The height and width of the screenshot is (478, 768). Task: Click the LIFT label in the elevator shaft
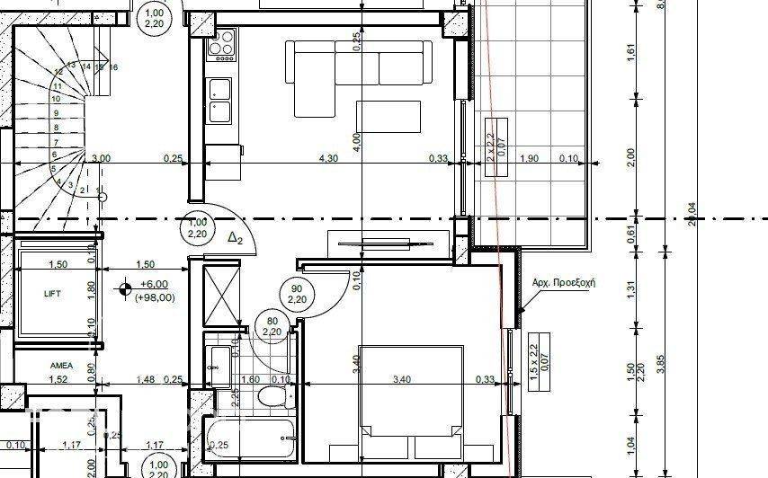click(x=52, y=294)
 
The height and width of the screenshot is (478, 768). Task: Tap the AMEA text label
click(x=61, y=366)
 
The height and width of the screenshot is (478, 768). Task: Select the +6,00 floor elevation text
click(x=154, y=285)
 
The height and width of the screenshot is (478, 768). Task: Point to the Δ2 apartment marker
click(x=236, y=238)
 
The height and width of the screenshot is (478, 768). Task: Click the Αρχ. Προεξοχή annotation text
click(x=565, y=282)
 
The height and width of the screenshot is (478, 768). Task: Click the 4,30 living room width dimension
click(x=330, y=158)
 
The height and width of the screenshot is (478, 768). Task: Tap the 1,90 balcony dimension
click(x=530, y=158)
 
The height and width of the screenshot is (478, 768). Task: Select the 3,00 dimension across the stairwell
click(x=102, y=158)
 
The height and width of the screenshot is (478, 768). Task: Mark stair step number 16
click(x=114, y=67)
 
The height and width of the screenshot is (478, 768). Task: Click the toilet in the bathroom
click(x=269, y=397)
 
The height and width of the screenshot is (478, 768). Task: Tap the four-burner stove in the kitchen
click(x=221, y=42)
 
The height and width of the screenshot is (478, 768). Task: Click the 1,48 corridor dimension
click(x=144, y=379)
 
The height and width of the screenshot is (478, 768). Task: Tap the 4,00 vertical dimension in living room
click(x=357, y=139)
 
